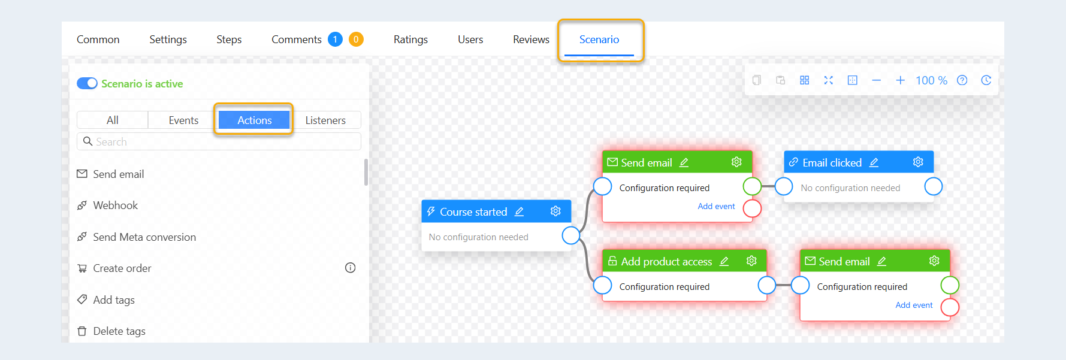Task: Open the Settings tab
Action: click(168, 40)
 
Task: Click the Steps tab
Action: click(229, 40)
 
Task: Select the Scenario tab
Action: click(599, 40)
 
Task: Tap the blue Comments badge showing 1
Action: click(335, 40)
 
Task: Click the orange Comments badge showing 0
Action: click(356, 40)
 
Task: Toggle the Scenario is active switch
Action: click(87, 83)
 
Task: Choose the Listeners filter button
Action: click(325, 120)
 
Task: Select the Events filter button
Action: click(183, 120)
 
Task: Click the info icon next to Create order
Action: click(350, 268)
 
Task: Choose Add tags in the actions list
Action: click(113, 300)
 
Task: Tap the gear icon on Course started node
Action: click(555, 211)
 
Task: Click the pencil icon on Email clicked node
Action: click(874, 162)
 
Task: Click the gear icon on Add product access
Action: click(751, 261)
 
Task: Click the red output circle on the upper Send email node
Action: click(752, 208)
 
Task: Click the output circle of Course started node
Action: click(571, 235)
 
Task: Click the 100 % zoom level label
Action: click(931, 80)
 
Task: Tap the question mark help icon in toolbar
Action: click(962, 80)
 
